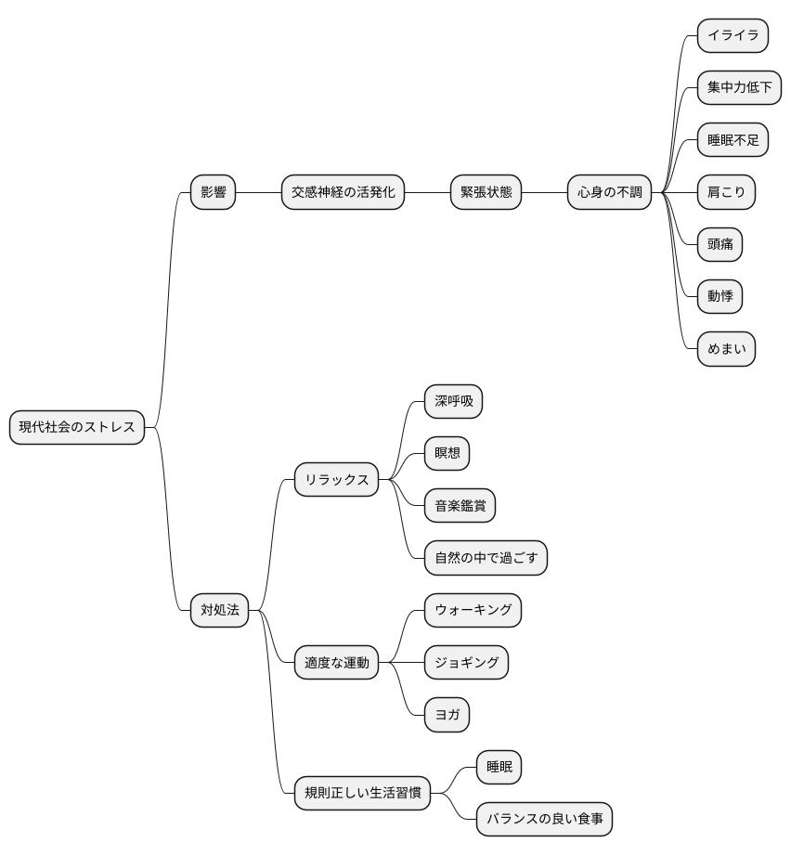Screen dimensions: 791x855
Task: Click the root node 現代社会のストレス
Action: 77,427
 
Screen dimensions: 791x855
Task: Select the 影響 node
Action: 213,192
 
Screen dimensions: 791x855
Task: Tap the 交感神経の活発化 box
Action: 343,192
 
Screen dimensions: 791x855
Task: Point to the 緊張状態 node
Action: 486,192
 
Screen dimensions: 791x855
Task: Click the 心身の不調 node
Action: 609,192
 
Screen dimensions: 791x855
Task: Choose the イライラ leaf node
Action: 733,35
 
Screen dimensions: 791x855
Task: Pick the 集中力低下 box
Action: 739,87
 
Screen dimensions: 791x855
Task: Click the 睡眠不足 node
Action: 733,140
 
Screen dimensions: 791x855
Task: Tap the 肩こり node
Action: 726,192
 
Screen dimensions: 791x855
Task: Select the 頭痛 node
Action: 720,244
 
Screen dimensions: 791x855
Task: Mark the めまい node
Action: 726,349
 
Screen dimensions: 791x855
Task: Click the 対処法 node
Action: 219,610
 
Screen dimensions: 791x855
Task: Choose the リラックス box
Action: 336,479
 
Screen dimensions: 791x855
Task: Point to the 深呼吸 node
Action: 454,401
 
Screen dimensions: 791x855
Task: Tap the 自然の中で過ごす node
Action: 486,558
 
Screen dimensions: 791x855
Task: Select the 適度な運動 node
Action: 336,663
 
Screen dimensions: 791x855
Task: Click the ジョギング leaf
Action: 466,663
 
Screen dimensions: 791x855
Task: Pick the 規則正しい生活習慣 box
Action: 362,793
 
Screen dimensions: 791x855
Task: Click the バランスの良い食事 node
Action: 545,819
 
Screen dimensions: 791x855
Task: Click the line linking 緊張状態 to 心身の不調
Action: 545,192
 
